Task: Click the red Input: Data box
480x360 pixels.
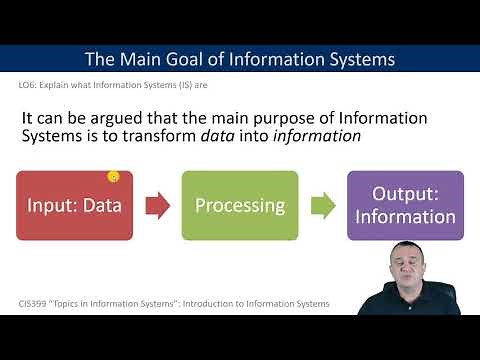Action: click(74, 205)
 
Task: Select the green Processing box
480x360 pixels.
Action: click(239, 205)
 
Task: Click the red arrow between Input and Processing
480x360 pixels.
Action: click(157, 205)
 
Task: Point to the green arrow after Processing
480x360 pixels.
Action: click(321, 206)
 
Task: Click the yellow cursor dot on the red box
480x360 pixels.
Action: click(113, 177)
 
